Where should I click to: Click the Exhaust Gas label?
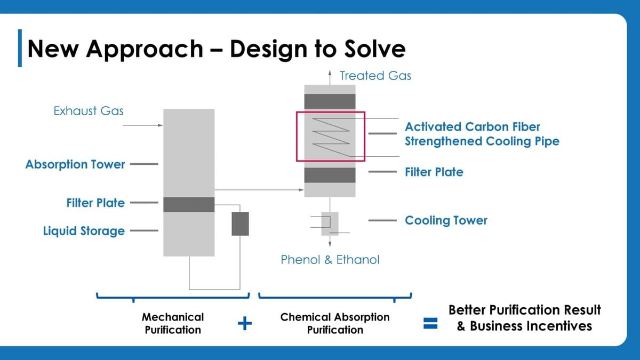point(89,111)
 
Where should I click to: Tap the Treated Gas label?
point(375,76)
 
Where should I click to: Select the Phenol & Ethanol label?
point(330,260)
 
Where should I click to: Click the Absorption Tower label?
point(75,165)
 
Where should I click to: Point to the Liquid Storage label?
point(84,231)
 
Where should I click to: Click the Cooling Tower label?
point(446,220)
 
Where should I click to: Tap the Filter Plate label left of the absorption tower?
point(95,203)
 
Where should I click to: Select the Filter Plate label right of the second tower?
point(434,172)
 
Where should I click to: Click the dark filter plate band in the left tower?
point(189,204)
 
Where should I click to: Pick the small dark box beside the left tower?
point(240,223)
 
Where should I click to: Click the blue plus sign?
point(245,323)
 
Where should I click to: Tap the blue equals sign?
point(430,323)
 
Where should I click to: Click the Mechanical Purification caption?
point(173,323)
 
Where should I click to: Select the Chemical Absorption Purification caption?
point(335,323)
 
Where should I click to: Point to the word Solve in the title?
point(375,49)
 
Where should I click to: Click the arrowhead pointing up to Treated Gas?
point(330,73)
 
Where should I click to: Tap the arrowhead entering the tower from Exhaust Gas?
point(160,125)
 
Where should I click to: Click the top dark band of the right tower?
point(330,101)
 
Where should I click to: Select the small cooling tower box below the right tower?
point(330,223)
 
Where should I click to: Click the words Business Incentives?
point(531,326)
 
